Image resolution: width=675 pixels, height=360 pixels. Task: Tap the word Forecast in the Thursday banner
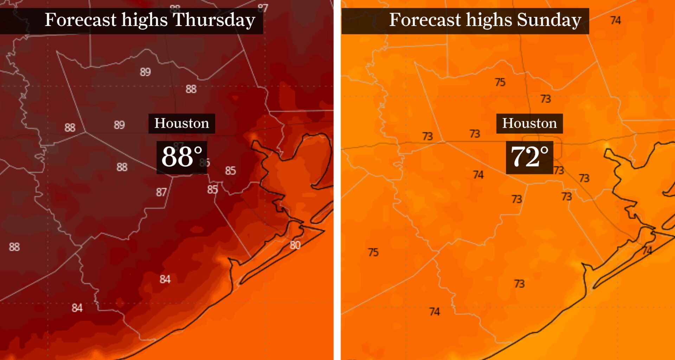[x=80, y=20]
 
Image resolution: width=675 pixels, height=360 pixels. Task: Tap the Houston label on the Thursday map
[x=181, y=123]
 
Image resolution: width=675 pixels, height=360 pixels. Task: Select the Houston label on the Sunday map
[x=529, y=123]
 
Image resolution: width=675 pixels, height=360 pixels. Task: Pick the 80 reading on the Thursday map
[x=295, y=245]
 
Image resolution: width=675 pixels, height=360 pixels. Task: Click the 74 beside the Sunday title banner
[x=615, y=20]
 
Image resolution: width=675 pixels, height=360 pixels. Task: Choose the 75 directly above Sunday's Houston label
[x=500, y=82]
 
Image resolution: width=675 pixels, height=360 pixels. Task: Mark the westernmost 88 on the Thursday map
[x=14, y=247]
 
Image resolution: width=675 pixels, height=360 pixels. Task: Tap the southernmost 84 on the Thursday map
[x=77, y=308]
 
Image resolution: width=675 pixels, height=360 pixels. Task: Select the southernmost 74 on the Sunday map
[x=434, y=311]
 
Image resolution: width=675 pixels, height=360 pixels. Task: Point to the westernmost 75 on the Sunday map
[x=373, y=252]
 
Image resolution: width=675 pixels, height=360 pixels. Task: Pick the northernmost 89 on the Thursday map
[x=145, y=72]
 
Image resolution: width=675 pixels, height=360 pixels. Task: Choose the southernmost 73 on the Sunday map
[x=519, y=283]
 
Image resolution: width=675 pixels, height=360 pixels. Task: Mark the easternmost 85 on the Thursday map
[x=230, y=171]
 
